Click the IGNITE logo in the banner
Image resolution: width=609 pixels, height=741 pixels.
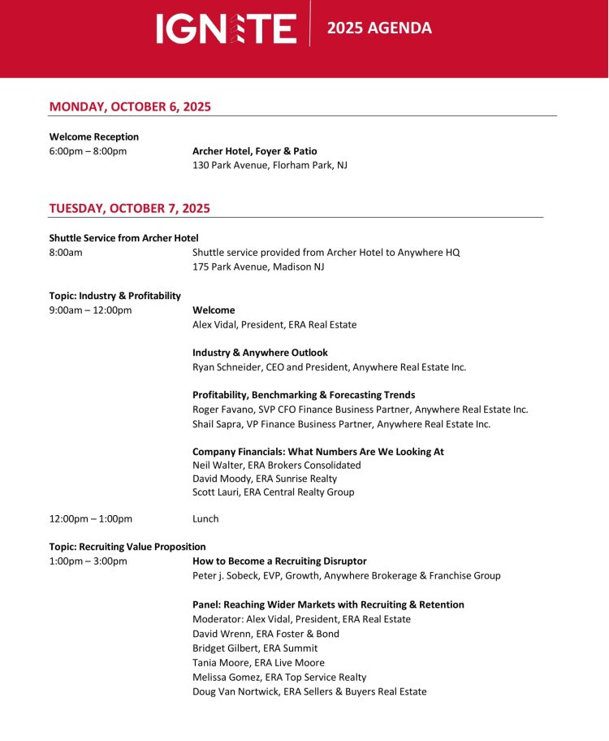tap(227, 28)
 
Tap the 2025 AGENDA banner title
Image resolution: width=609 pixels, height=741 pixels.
tap(379, 28)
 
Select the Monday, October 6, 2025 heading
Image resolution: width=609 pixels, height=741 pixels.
tap(130, 106)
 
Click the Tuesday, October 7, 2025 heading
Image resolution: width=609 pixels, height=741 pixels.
tap(130, 209)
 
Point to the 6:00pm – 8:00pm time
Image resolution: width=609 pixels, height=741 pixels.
tap(88, 151)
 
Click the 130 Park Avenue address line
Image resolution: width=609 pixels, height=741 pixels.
tap(270, 166)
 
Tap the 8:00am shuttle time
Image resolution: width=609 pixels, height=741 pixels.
tap(66, 253)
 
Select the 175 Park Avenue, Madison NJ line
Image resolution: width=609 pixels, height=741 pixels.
tap(258, 266)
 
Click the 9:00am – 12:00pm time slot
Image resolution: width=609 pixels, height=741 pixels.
tap(90, 310)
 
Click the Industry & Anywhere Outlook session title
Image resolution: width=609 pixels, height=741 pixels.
tap(260, 353)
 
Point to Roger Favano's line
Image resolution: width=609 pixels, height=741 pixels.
tap(360, 409)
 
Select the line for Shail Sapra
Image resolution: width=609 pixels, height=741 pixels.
tap(341, 424)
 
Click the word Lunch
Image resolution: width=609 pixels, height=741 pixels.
tap(205, 519)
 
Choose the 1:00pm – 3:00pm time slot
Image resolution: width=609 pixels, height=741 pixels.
tap(88, 561)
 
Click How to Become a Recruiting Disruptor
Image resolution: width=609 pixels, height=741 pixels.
tap(279, 561)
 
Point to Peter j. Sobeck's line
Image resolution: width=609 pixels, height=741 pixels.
tap(346, 576)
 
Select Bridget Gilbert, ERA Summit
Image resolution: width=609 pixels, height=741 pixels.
tap(255, 648)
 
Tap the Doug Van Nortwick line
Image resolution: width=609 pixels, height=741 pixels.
tap(309, 691)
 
